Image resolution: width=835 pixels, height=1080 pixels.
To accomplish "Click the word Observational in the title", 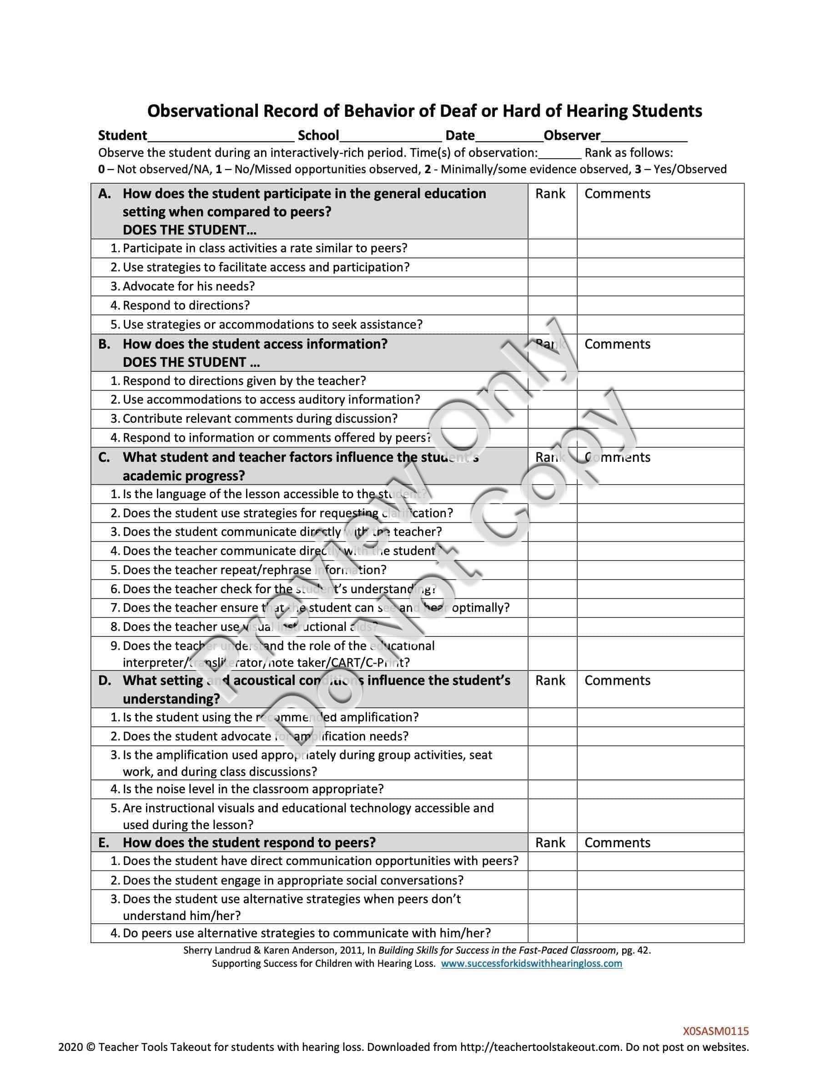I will (203, 111).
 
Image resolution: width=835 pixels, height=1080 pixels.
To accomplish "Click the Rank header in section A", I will (549, 194).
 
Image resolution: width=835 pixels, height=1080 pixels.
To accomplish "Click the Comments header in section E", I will (617, 843).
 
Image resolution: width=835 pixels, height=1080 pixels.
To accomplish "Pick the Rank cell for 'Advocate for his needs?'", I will (552, 286).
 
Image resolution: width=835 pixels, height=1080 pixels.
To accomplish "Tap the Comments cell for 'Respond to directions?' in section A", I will (660, 305).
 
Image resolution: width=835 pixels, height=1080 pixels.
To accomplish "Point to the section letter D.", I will (105, 680).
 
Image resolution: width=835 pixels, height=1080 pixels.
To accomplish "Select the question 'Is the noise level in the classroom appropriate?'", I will (253, 789).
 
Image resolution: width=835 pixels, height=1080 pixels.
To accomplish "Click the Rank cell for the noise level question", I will (552, 789).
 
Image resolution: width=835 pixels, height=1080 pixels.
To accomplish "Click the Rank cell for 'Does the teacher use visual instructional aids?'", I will (552, 627).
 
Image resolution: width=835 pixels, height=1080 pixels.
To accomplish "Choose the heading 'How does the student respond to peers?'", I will (249, 843).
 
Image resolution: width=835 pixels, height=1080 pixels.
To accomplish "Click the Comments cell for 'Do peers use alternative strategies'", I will (660, 933).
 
